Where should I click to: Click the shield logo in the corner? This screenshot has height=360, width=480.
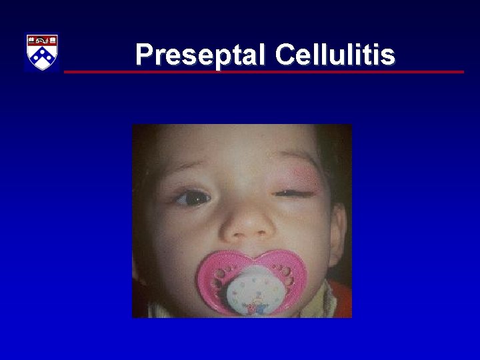42,52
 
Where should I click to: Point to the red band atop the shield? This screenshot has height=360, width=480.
42,41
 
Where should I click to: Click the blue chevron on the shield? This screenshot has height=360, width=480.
42,57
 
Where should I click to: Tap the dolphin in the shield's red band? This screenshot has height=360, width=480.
42,41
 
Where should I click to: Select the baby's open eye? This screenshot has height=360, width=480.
194,197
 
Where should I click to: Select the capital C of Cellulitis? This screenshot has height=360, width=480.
285,55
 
